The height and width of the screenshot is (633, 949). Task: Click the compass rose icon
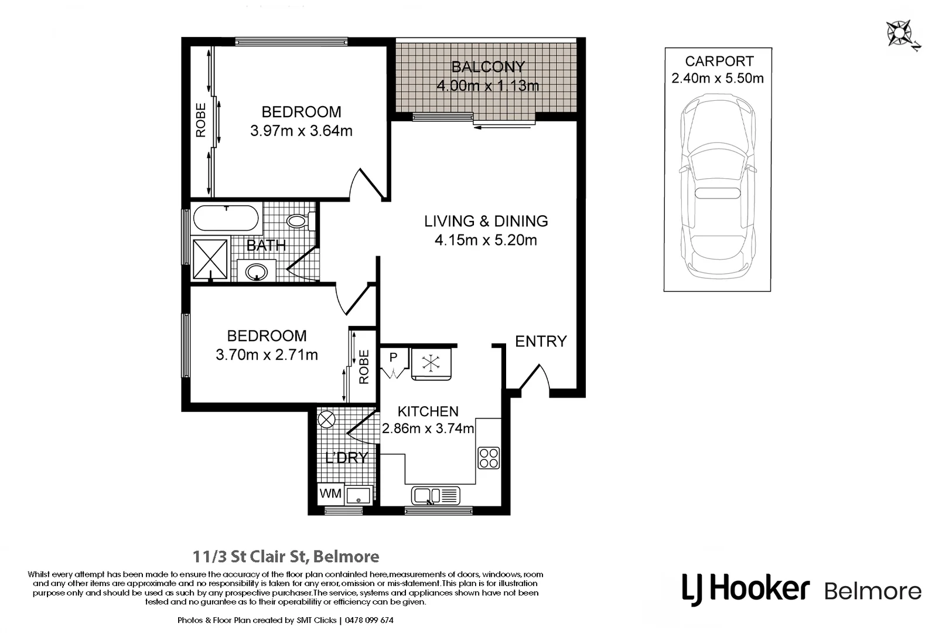pyautogui.click(x=899, y=33)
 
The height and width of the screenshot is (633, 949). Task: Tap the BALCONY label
pyautogui.click(x=488, y=67)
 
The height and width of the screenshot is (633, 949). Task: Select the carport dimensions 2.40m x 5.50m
pyautogui.click(x=718, y=79)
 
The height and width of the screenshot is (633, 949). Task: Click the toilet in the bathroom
pyautogui.click(x=298, y=221)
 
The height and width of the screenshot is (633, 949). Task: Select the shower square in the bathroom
pyautogui.click(x=210, y=258)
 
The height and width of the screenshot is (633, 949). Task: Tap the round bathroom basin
pyautogui.click(x=256, y=271)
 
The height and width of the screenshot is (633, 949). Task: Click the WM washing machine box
pyautogui.click(x=330, y=494)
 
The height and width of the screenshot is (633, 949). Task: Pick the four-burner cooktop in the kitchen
pyautogui.click(x=489, y=458)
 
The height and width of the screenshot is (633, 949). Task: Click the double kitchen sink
pyautogui.click(x=435, y=496)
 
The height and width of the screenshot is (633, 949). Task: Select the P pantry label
pyautogui.click(x=393, y=357)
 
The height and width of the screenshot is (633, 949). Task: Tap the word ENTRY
pyautogui.click(x=541, y=341)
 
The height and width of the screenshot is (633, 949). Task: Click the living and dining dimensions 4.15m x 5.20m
pyautogui.click(x=486, y=240)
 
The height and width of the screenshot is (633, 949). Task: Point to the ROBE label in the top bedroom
pyautogui.click(x=201, y=120)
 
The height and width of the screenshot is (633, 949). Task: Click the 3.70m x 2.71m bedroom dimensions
pyautogui.click(x=267, y=355)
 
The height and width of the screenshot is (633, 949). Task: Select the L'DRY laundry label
pyautogui.click(x=346, y=458)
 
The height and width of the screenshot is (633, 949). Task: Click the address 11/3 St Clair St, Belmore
pyautogui.click(x=286, y=556)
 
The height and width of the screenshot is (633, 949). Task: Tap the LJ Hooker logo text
pyautogui.click(x=746, y=588)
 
